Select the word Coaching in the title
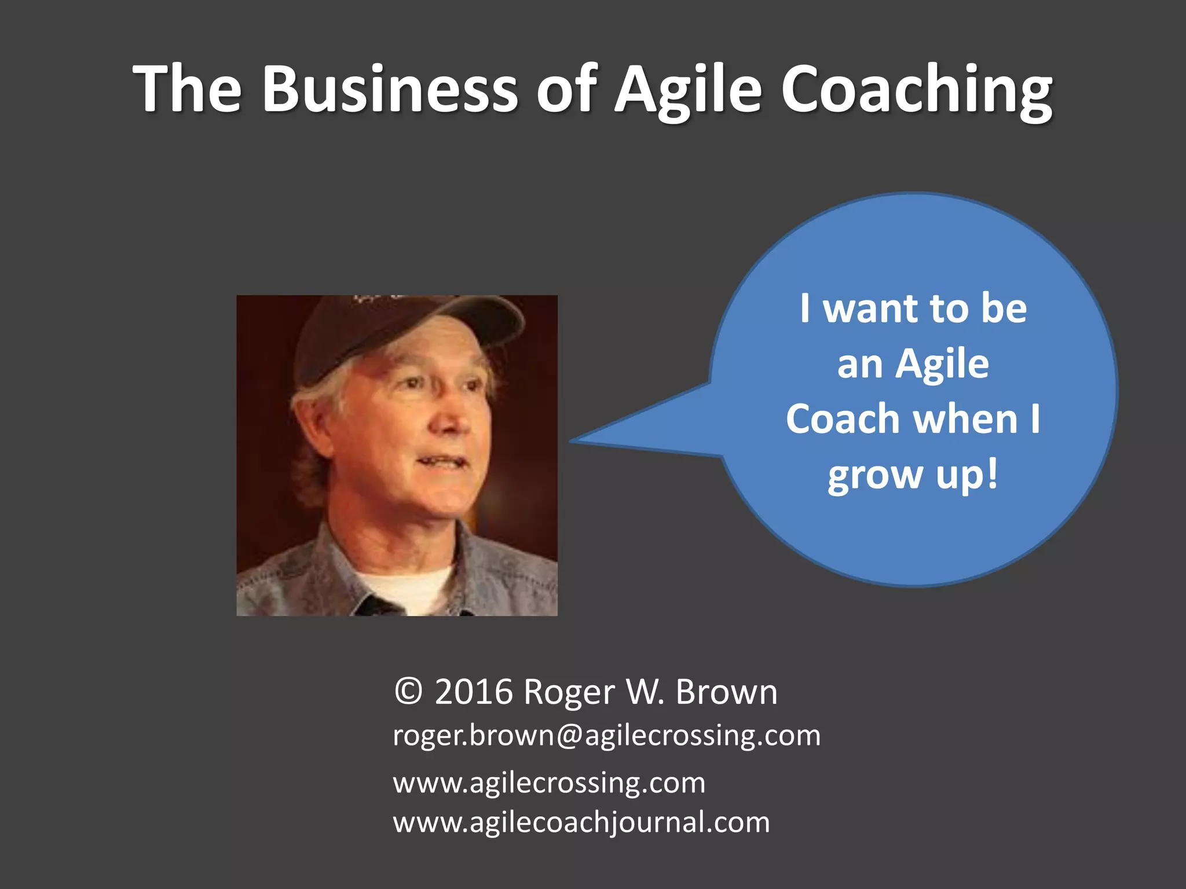[x=916, y=90]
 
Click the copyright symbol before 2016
[x=408, y=692]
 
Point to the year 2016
[x=474, y=692]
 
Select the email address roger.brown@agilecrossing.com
[x=606, y=736]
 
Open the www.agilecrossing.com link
[x=549, y=783]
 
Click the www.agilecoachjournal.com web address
[x=581, y=822]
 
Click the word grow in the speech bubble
[x=874, y=476]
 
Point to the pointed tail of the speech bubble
[x=579, y=440]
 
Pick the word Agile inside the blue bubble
[x=942, y=365]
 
